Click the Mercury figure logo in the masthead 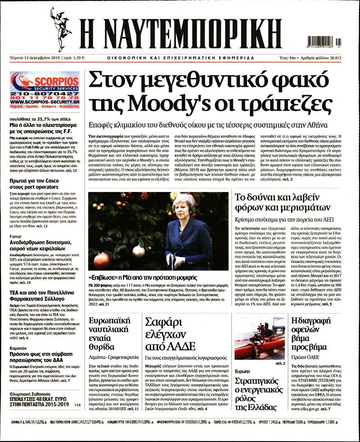coord(61,29)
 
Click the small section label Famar coord(16,236)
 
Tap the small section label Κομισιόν coord(18,348)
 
